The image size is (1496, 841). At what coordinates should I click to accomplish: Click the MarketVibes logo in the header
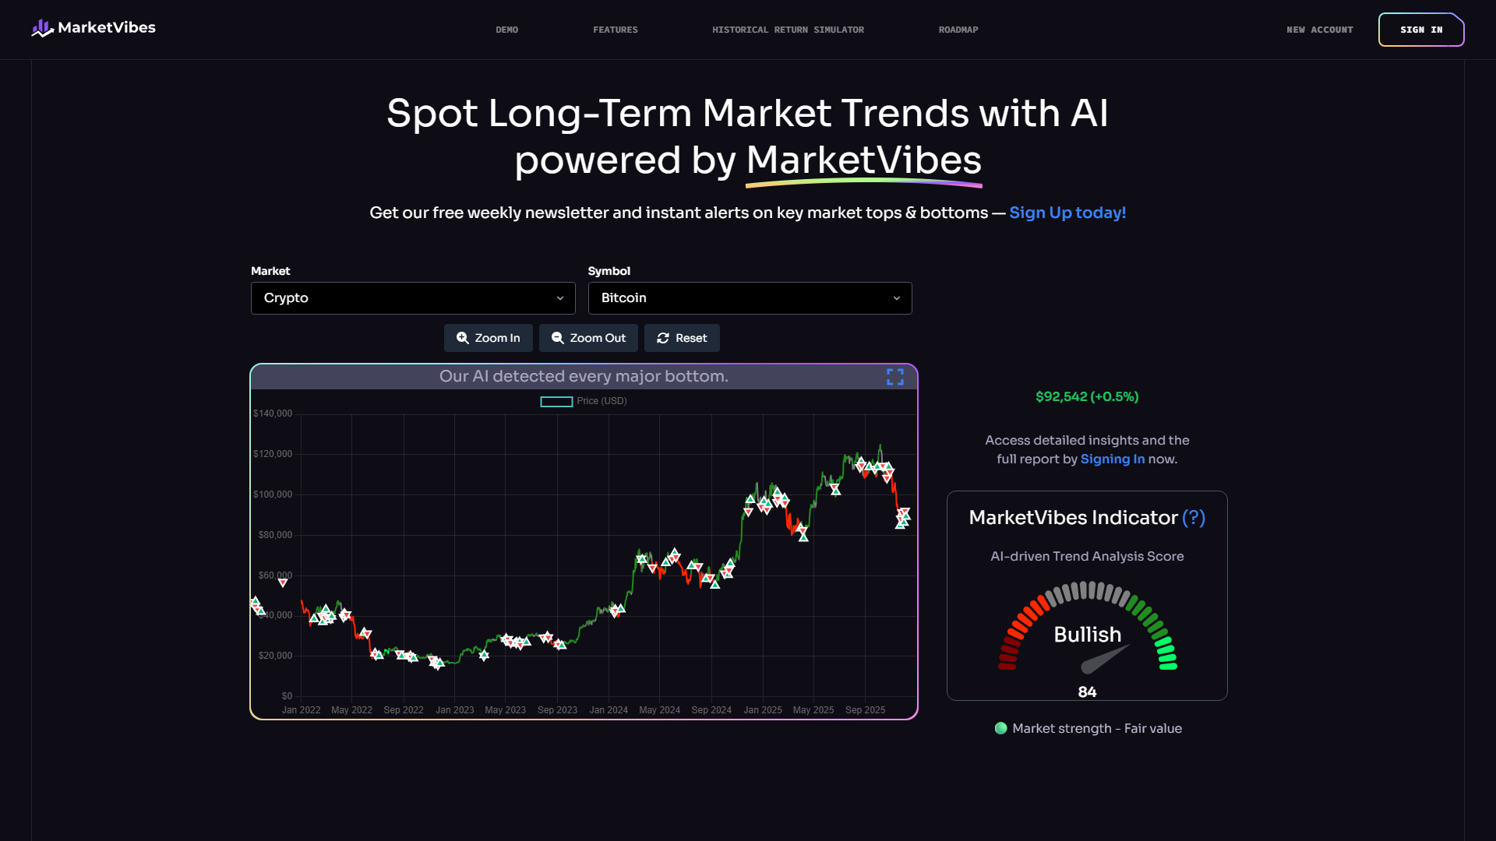(93, 28)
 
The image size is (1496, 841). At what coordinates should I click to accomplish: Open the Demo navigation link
(506, 30)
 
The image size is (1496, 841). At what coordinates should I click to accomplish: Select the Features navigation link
(615, 30)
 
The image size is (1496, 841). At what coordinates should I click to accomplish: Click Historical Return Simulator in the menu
(788, 30)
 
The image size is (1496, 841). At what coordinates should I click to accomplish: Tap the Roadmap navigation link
(958, 30)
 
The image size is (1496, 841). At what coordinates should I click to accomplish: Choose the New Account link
(1319, 30)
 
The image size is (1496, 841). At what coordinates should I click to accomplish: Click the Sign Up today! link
(1067, 213)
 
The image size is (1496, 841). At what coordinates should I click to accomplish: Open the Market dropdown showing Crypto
(413, 298)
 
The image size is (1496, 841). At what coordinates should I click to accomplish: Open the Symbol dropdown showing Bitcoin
(750, 298)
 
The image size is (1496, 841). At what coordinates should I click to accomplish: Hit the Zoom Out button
(588, 338)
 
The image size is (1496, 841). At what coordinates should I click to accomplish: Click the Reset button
(682, 338)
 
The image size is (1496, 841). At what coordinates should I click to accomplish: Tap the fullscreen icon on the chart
(895, 377)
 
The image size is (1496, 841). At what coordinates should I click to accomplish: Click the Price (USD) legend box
(556, 402)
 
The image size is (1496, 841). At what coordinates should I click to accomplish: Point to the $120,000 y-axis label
(273, 454)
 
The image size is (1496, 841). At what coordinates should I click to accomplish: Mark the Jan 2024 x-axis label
(609, 710)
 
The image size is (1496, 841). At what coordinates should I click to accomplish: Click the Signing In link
(1112, 459)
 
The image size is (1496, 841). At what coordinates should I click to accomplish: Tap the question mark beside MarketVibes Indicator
(1194, 518)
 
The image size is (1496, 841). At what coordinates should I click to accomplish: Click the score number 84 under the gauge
(1087, 692)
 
